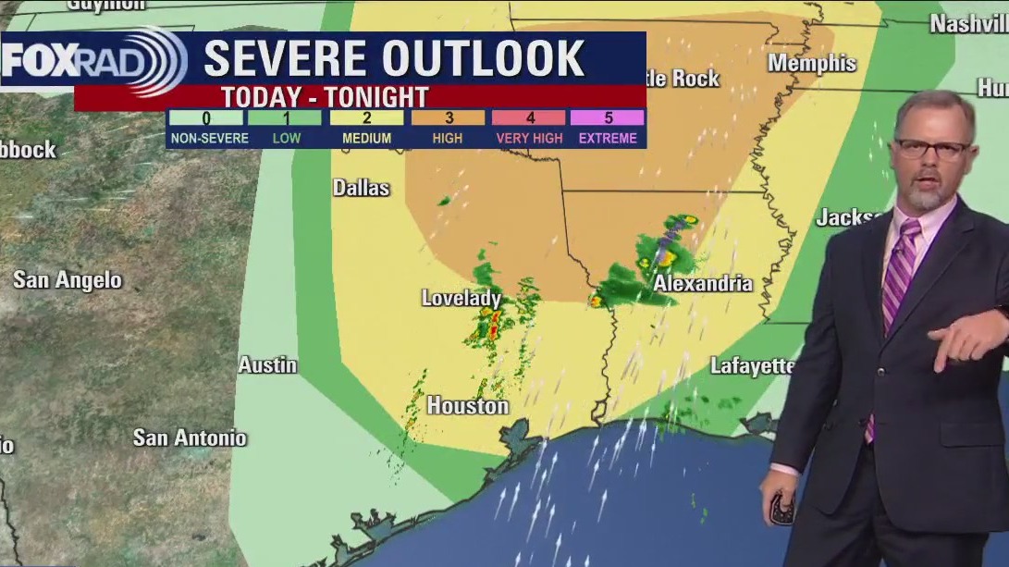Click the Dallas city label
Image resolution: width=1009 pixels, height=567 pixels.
[362, 188]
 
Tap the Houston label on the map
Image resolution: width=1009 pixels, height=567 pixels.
[468, 406]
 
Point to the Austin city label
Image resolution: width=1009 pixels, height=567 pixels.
[268, 365]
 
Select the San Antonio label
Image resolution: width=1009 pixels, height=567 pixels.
[190, 438]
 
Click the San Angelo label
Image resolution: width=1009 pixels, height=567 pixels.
[68, 279]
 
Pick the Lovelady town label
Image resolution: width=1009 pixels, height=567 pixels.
[461, 298]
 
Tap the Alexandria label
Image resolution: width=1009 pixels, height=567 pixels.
[703, 284]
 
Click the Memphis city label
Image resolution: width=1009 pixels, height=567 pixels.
[812, 63]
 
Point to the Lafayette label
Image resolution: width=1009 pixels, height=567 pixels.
[752, 366]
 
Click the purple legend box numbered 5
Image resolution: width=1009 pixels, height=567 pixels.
[608, 118]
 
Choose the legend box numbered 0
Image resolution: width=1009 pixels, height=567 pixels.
[206, 118]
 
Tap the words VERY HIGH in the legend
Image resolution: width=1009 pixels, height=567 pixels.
[528, 139]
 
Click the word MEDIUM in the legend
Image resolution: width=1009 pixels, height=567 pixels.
[366, 139]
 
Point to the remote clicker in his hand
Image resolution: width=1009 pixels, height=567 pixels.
[783, 508]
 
